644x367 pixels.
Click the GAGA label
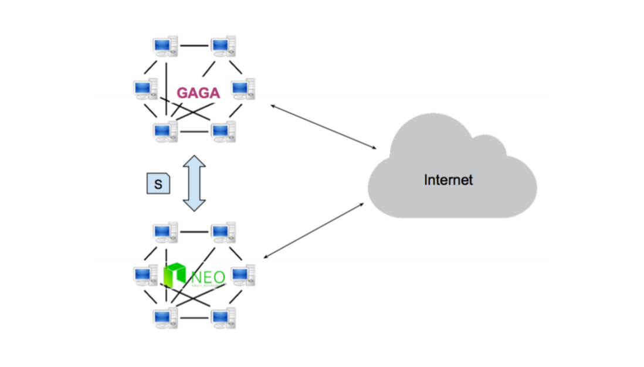pyautogui.click(x=198, y=93)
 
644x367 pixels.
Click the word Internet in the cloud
pyautogui.click(x=448, y=179)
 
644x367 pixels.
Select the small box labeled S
pyautogui.click(x=157, y=183)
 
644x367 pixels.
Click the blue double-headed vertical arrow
pyautogui.click(x=194, y=183)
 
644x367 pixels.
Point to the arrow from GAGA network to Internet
pyautogui.click(x=323, y=126)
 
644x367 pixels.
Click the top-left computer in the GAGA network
pyautogui.click(x=165, y=46)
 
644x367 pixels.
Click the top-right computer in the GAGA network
pyautogui.click(x=223, y=46)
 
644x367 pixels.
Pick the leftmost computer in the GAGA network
pyautogui.click(x=145, y=89)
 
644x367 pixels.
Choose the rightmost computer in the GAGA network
pyautogui.click(x=242, y=89)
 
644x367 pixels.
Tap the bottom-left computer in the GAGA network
pyautogui.click(x=165, y=131)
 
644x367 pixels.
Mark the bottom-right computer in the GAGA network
pyautogui.click(x=223, y=131)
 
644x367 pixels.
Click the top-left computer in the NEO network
pyautogui.click(x=165, y=232)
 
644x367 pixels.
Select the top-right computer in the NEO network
pyautogui.click(x=223, y=232)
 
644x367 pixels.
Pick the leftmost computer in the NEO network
pyautogui.click(x=145, y=275)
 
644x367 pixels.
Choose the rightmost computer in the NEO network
pyautogui.click(x=242, y=275)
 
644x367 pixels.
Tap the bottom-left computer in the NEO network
pyautogui.click(x=165, y=317)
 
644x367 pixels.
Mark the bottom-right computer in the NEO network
pyautogui.click(x=223, y=317)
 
